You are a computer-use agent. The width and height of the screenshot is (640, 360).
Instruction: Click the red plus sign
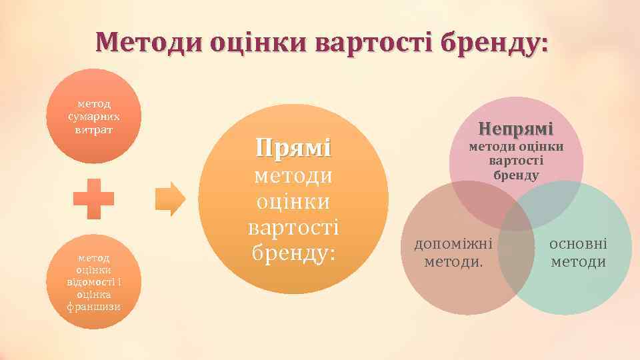93,199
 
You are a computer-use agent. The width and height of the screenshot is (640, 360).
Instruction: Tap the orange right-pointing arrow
170,199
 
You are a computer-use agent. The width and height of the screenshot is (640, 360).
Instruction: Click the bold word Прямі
293,147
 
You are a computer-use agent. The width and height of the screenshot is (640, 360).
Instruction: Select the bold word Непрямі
516,129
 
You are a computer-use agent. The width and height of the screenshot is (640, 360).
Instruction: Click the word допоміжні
453,243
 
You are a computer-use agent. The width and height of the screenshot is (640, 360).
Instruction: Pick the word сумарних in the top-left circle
93,117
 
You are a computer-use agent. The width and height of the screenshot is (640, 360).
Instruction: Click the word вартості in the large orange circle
293,227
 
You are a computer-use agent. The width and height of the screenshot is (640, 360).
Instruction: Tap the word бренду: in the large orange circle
293,252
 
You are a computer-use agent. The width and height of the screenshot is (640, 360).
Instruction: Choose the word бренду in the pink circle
516,175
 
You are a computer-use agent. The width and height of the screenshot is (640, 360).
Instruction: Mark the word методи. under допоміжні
453,261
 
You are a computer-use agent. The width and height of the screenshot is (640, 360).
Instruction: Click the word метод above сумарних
93,105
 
